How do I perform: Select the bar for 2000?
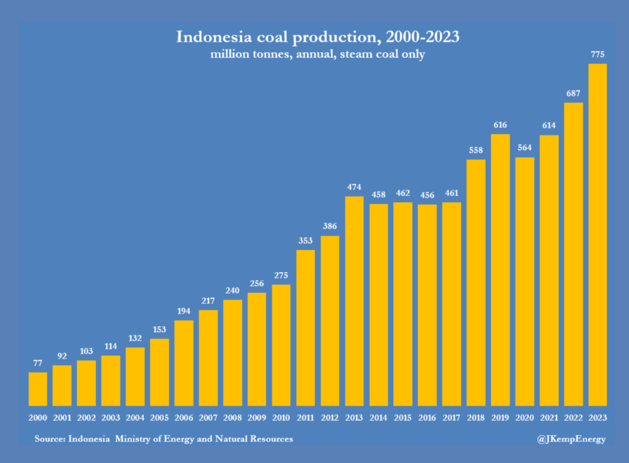coord(38,389)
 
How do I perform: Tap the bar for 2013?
coord(354,301)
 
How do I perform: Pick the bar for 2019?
coord(500,270)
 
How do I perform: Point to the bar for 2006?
coord(184,363)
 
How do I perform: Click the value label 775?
coord(598,55)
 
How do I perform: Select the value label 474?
coord(354,187)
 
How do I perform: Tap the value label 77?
coord(38,363)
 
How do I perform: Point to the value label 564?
coord(525,148)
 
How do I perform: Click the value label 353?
coord(305,241)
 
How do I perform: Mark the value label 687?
coord(573,93)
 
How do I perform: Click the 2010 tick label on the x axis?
coord(281,418)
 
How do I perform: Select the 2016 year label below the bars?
coord(427,418)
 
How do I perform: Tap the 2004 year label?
coord(135,418)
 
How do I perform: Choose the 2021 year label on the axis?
coord(549,418)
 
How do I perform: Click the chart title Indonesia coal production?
coord(318,37)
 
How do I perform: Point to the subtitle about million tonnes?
coord(318,54)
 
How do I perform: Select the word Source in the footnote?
coord(52,439)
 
